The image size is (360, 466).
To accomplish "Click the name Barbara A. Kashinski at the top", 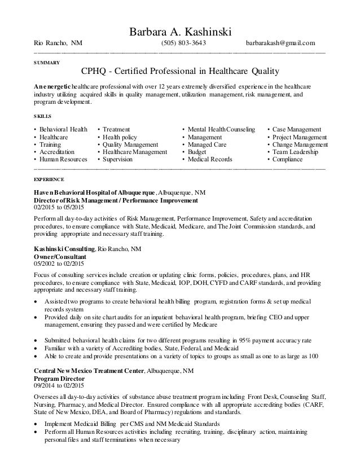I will tap(180, 30).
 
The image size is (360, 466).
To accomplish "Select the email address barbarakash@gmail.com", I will tap(280, 43).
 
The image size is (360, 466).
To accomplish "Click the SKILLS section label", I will tap(42, 116).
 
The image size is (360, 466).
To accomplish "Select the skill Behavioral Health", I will tap(63, 129).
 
